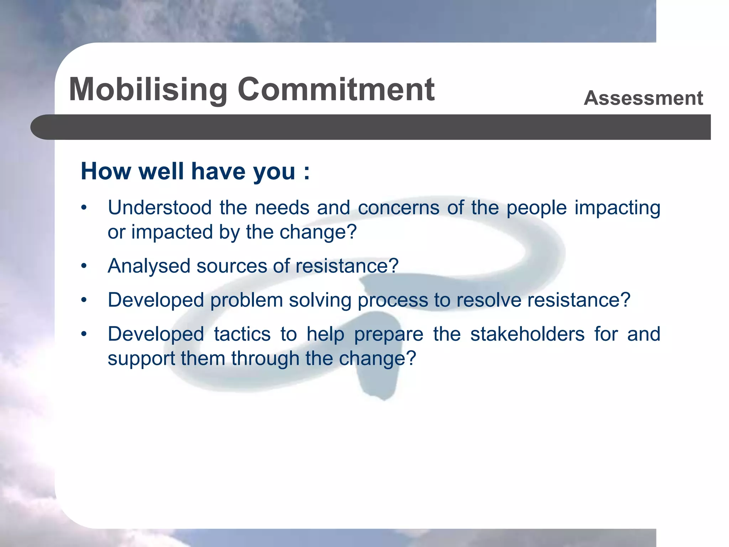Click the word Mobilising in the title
148,90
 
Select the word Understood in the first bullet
159,208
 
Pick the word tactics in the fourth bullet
242,334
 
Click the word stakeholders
527,334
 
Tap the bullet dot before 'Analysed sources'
84,266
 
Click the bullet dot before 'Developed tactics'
84,334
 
